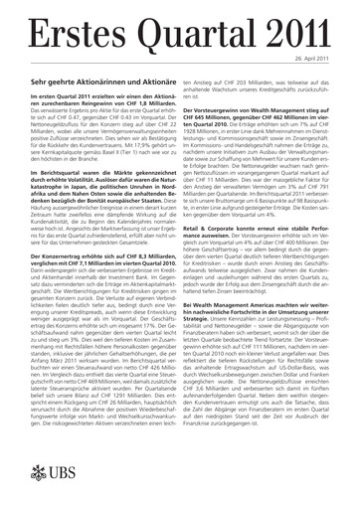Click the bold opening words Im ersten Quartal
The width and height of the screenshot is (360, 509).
tap(53, 94)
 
